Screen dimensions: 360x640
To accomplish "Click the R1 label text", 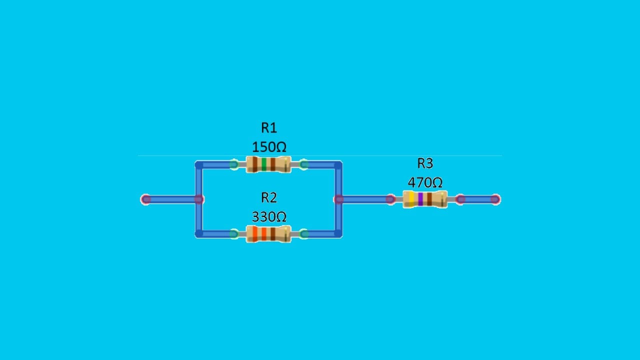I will click(x=269, y=128).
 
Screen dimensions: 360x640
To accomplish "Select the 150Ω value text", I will click(x=269, y=147).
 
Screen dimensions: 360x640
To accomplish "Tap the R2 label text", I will click(x=269, y=198).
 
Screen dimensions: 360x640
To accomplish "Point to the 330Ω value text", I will click(x=269, y=217).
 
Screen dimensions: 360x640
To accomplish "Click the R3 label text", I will click(x=425, y=163).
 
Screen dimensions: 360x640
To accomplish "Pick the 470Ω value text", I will click(x=425, y=182).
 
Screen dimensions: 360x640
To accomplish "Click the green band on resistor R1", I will click(x=264, y=164).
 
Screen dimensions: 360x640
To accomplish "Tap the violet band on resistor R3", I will click(x=420, y=199).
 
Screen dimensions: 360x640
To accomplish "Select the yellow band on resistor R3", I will click(x=411, y=199).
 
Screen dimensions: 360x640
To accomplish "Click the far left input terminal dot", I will click(x=145, y=199).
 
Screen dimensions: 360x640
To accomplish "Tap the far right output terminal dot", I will click(x=495, y=199).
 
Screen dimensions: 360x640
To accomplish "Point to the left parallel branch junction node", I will click(x=199, y=199).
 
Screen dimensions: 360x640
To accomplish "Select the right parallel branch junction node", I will click(x=338, y=199).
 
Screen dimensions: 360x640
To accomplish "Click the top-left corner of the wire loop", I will click(x=199, y=164).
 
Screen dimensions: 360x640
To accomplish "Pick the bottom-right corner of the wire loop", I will click(x=338, y=233).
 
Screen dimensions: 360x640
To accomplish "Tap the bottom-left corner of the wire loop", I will click(x=199, y=233).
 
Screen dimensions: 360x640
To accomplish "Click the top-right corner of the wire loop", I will click(x=338, y=164).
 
